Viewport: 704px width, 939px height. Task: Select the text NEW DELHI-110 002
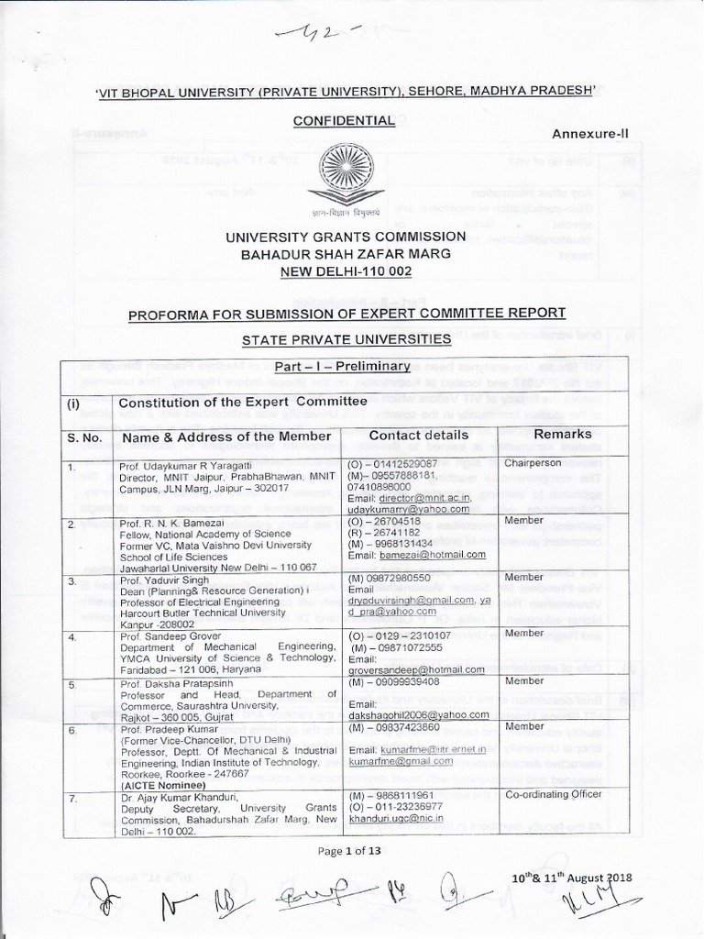346,272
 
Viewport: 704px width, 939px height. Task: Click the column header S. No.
84,436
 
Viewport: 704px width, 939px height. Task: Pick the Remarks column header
564,433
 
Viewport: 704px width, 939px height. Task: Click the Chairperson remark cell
534,464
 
